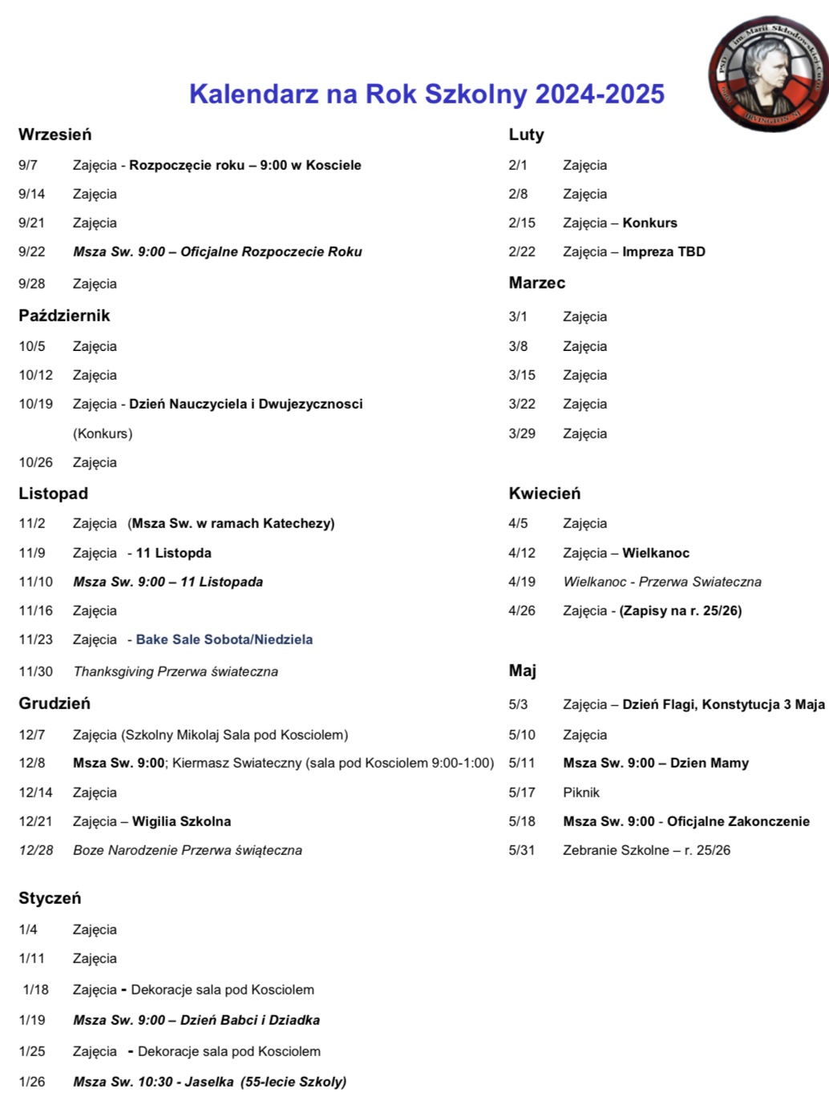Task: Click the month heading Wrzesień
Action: [x=55, y=135]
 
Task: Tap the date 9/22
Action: [x=32, y=252]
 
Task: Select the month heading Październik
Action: [x=64, y=316]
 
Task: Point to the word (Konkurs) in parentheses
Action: [x=103, y=434]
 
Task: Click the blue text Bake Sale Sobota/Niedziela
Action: [x=224, y=639]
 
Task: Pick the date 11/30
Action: [x=36, y=671]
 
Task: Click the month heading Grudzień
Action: [x=55, y=704]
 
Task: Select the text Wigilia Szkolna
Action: [x=181, y=821]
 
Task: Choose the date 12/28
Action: [x=36, y=850]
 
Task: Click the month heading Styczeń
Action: [x=50, y=898]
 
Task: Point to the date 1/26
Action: [x=32, y=1082]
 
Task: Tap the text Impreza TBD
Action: [x=664, y=252]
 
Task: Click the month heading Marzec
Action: [x=536, y=283]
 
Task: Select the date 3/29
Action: [x=522, y=434]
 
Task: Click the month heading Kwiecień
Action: [x=544, y=494]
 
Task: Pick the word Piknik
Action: [x=581, y=792]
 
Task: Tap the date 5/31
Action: [x=522, y=850]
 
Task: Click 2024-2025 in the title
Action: [x=600, y=94]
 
